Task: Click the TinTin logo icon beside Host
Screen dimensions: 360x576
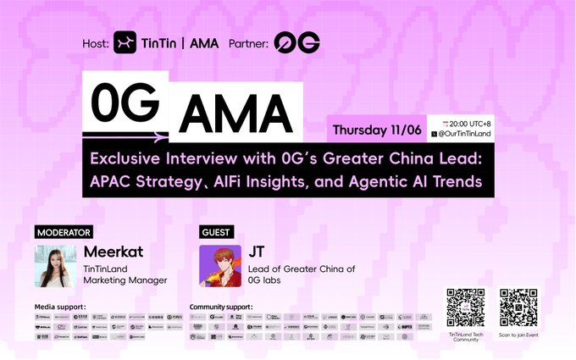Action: [x=125, y=42]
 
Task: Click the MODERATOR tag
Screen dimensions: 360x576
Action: [x=64, y=231]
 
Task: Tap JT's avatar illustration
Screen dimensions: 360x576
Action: [x=219, y=266]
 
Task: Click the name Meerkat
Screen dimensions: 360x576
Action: [x=111, y=252]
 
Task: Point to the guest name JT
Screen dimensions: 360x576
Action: [x=257, y=252]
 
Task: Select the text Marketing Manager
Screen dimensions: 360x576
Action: [x=125, y=280]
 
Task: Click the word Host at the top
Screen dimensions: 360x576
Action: [x=95, y=43]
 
